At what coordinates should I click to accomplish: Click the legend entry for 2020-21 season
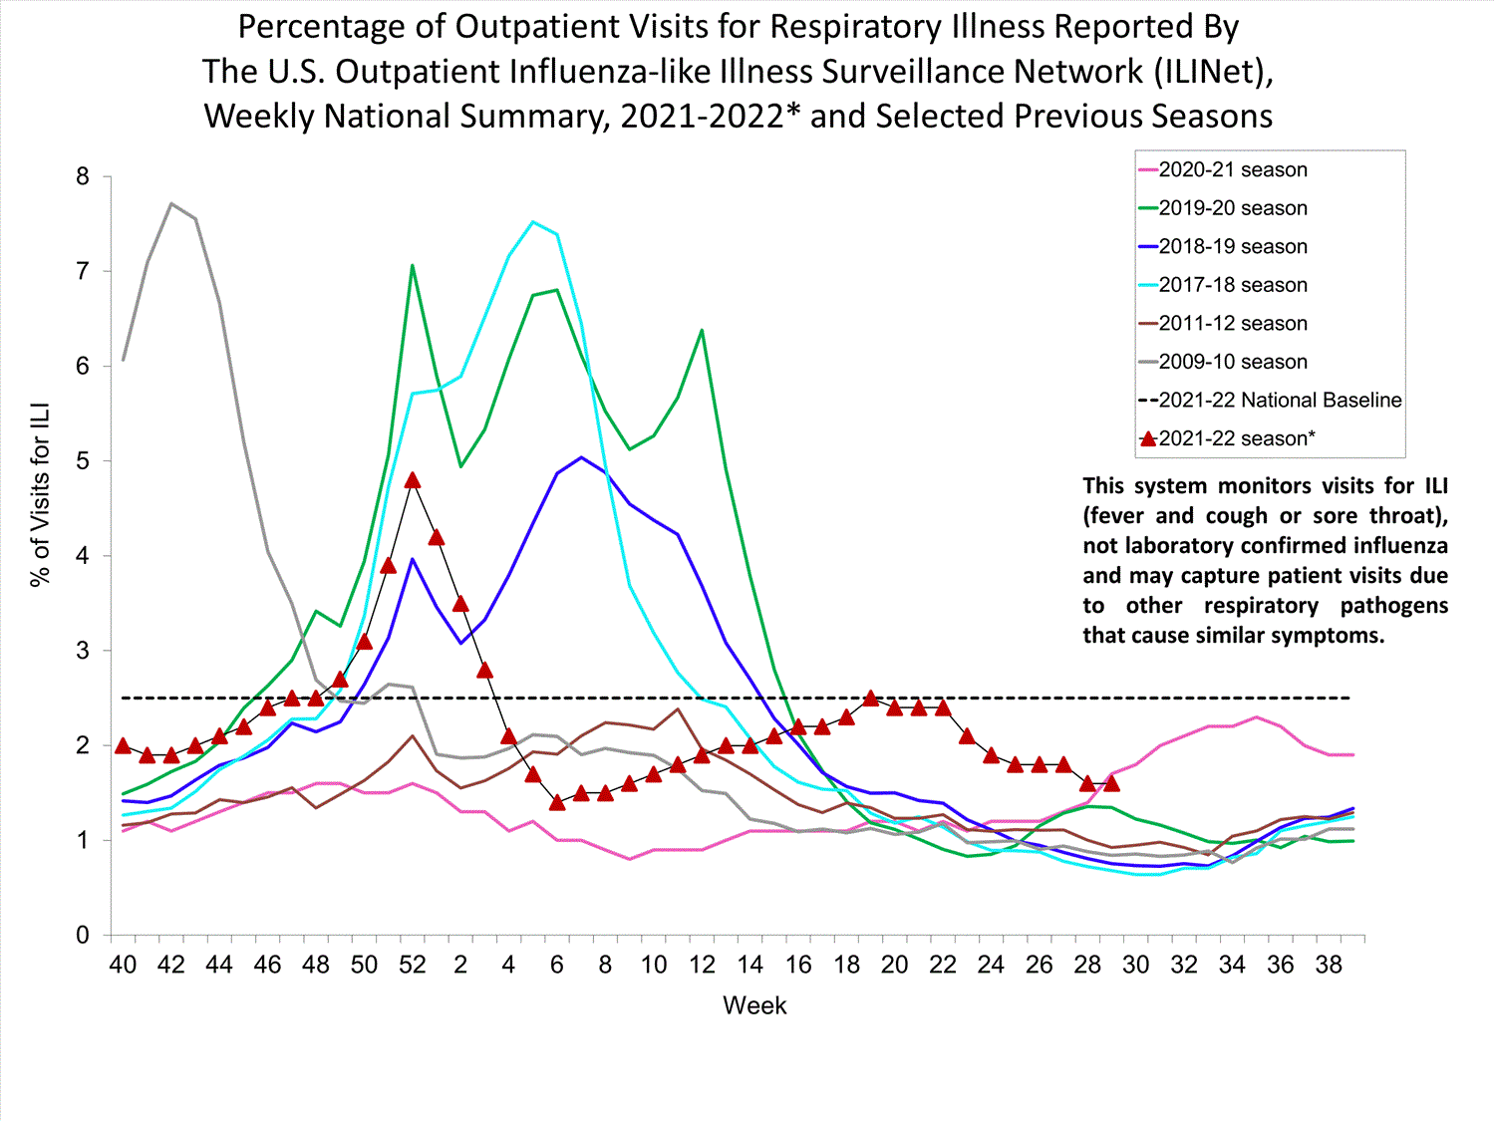(1232, 170)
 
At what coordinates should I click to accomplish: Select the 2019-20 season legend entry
(1232, 208)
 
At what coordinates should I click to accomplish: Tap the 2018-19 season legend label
(1232, 247)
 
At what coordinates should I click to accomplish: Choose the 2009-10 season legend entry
(1232, 362)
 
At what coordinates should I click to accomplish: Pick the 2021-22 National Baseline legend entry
(1279, 401)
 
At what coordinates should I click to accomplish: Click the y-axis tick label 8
(82, 177)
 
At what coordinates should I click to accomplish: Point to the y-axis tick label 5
(82, 461)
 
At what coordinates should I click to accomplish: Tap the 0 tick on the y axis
(82, 936)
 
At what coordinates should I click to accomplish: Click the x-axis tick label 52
(412, 965)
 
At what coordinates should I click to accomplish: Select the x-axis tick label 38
(1329, 965)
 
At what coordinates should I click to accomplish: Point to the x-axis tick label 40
(123, 965)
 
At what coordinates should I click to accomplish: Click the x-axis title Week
(754, 1005)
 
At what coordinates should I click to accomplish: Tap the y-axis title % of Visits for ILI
(40, 495)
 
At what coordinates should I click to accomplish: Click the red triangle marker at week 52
(413, 480)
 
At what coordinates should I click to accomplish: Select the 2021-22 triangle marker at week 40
(123, 745)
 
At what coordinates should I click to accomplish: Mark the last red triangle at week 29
(1112, 783)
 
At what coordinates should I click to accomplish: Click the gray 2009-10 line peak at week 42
(171, 203)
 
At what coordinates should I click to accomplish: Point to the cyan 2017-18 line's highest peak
(533, 222)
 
